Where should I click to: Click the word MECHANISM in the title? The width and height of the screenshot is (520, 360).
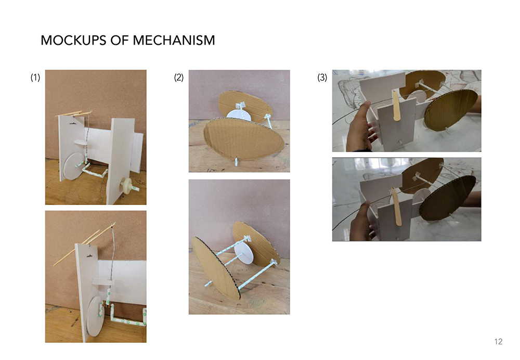click(x=174, y=41)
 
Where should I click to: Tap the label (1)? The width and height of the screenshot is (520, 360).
click(x=35, y=78)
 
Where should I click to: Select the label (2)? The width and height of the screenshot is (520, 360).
click(x=179, y=78)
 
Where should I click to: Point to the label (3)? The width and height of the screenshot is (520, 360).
click(x=322, y=78)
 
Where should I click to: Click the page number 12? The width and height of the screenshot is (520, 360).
click(x=498, y=341)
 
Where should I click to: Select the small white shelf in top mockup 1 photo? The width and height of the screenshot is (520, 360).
click(x=81, y=143)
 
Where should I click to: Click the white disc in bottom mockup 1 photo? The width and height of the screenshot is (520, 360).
click(x=95, y=316)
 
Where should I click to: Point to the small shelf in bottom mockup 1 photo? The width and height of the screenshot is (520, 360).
click(x=103, y=281)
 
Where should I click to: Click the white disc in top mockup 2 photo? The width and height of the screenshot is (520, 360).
click(x=239, y=115)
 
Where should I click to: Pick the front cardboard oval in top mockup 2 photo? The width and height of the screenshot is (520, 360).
click(x=243, y=138)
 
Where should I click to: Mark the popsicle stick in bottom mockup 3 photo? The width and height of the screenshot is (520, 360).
click(x=397, y=206)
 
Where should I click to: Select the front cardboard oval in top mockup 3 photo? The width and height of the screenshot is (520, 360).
click(x=451, y=110)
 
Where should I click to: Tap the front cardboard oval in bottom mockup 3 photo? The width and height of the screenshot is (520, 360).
click(x=447, y=198)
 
